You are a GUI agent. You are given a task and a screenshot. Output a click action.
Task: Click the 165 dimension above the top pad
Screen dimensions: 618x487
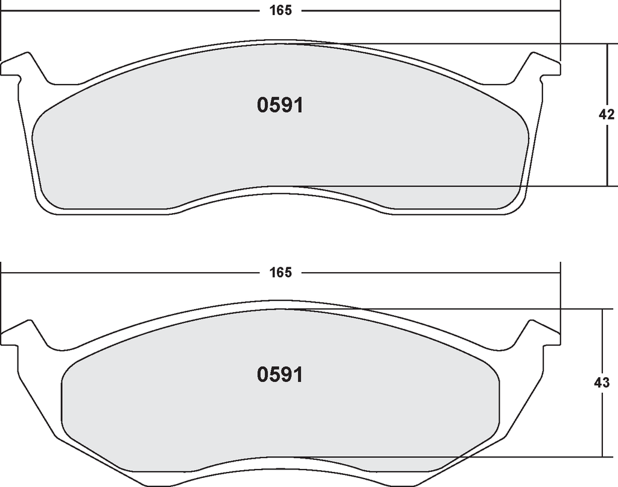coord(281,11)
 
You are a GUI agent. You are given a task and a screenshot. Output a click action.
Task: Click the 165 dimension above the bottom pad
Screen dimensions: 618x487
coord(281,272)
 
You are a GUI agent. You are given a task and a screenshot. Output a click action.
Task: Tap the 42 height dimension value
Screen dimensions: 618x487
coord(606,114)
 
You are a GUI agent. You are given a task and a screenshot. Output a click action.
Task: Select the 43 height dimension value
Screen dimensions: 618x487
coord(602,382)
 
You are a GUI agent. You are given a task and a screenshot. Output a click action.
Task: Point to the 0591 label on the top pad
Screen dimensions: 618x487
coord(280,105)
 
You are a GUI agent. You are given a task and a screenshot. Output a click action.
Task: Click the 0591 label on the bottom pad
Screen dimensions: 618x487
coord(280,374)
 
